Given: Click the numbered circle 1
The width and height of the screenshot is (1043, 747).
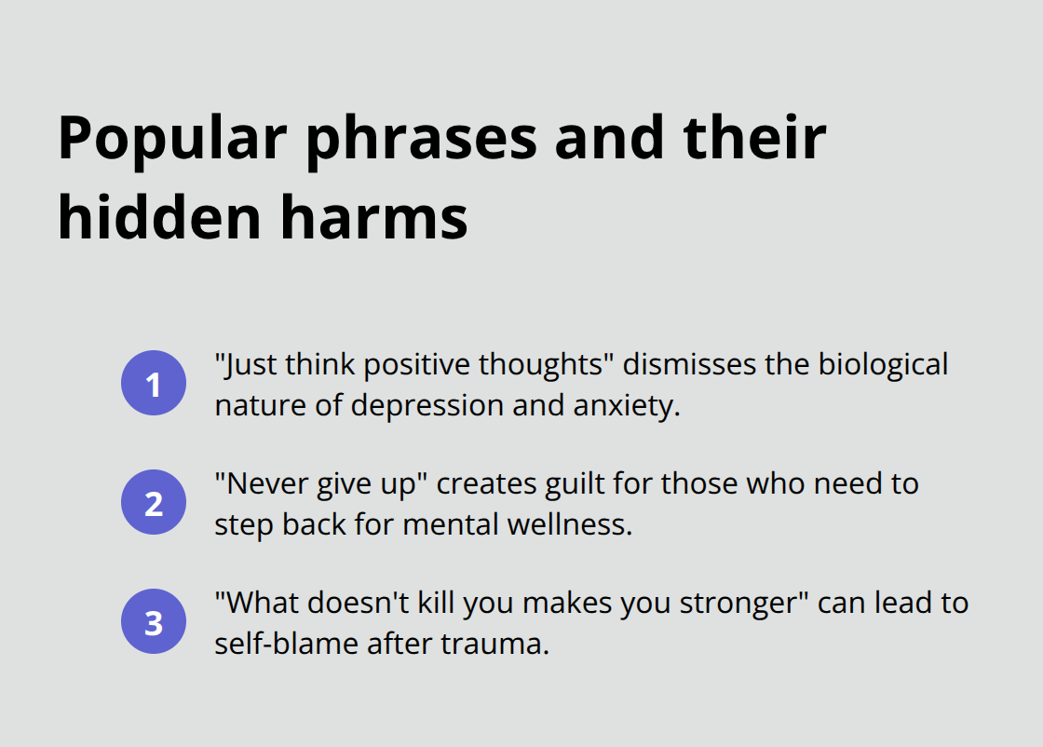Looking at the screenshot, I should (x=154, y=383).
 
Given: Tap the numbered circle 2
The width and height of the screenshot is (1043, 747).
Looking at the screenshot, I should (x=154, y=503).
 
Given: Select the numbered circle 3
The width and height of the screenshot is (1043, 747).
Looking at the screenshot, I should (x=154, y=622).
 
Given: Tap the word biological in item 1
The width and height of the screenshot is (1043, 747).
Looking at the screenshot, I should (x=883, y=364).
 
